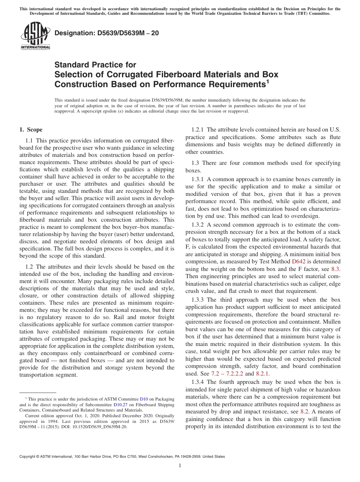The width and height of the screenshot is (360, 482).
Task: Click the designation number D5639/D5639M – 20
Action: point(106,33)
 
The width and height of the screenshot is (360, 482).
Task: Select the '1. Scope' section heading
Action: point(31,130)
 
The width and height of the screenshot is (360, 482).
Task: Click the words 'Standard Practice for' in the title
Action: point(95,65)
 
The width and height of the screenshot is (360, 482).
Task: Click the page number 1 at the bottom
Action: point(180,466)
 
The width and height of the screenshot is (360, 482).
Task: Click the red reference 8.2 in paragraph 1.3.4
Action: point(304,412)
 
